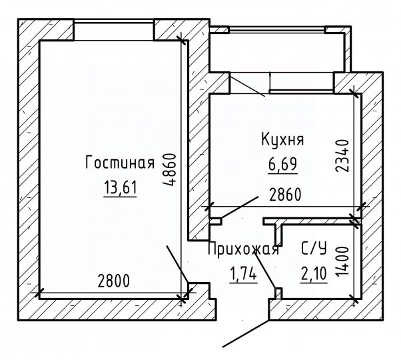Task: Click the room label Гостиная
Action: click(x=120, y=163)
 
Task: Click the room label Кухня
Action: click(x=282, y=140)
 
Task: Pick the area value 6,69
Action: click(x=282, y=162)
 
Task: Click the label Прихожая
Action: click(x=242, y=250)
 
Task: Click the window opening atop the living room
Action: click(x=114, y=31)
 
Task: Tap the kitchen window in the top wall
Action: click(x=300, y=83)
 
